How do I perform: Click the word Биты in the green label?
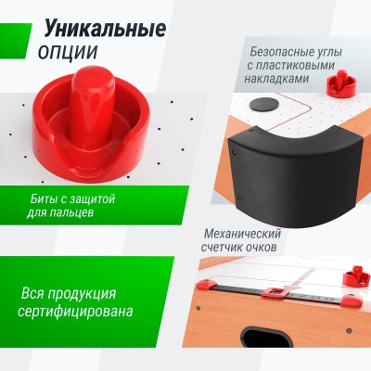(x=46, y=198)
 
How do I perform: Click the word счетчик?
(x=232, y=248)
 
